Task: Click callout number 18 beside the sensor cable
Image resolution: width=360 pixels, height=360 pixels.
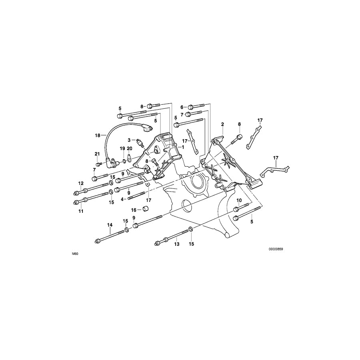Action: tap(97, 136)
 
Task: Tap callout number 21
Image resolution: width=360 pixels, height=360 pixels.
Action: tap(97, 154)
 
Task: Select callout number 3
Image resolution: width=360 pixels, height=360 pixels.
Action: tap(129, 140)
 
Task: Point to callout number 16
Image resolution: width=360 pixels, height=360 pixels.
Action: tap(134, 209)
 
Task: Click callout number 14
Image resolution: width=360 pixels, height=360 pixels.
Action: tap(110, 225)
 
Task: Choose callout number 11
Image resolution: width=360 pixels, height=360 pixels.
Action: tap(81, 211)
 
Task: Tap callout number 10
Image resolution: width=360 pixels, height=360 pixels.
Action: tap(239, 200)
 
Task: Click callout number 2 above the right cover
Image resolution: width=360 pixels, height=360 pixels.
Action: tap(222, 125)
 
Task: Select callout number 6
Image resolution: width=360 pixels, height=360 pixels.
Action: tap(182, 107)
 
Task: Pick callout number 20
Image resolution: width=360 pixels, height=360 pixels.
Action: tap(129, 148)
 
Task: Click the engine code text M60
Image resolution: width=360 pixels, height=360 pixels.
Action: tap(75, 254)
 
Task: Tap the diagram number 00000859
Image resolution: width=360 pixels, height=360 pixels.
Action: tap(276, 249)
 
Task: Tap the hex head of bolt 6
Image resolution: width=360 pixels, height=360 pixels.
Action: tap(191, 107)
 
